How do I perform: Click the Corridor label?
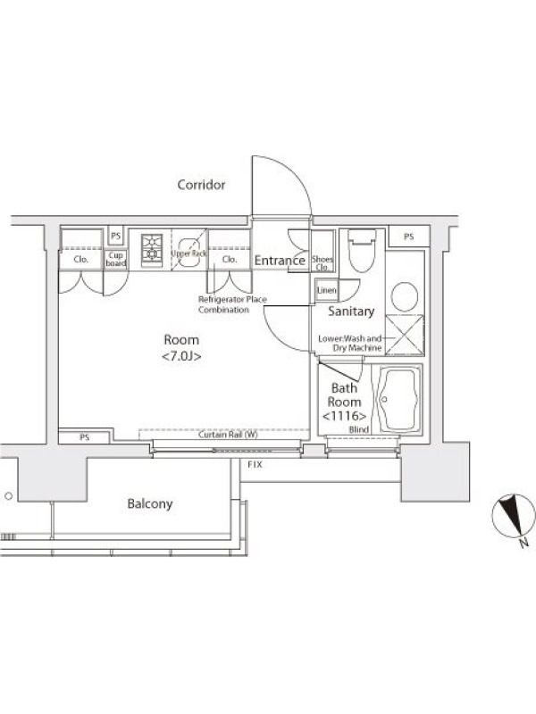[x=201, y=185]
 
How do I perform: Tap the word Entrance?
[x=280, y=261]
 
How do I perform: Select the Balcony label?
[x=150, y=503]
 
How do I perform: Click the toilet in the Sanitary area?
[x=362, y=251]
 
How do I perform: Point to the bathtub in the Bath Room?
[x=398, y=399]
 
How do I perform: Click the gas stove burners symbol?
[x=152, y=248]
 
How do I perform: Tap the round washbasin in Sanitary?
[x=405, y=296]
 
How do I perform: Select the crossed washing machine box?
[x=404, y=335]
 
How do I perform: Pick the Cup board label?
[x=116, y=259]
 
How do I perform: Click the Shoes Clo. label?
[x=322, y=263]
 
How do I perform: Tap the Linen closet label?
[x=326, y=290]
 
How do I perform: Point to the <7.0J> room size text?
[x=181, y=356]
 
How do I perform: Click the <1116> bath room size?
[x=344, y=416]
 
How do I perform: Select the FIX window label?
[x=255, y=464]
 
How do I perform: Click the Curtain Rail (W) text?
[x=228, y=435]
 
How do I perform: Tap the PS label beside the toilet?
[x=409, y=237]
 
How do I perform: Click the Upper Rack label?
[x=188, y=253]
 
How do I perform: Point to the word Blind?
[x=359, y=429]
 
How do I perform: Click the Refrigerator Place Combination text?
[x=232, y=304]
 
